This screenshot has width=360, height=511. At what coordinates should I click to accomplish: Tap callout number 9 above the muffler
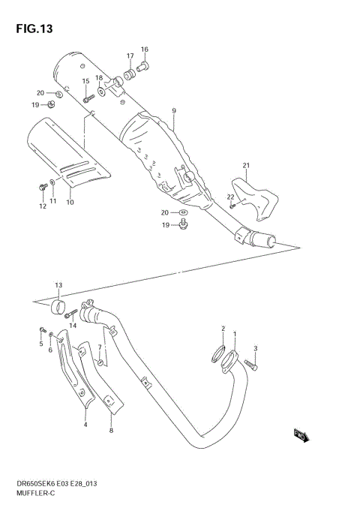[x=173, y=112]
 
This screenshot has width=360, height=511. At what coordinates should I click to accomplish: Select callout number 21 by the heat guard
[x=244, y=165]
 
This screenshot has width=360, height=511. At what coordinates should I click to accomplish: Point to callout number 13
[x=58, y=285]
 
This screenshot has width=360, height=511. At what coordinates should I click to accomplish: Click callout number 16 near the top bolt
[x=145, y=50]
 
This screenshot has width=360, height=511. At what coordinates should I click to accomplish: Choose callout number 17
[x=130, y=56]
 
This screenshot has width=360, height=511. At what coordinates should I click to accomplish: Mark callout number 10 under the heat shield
[x=70, y=202]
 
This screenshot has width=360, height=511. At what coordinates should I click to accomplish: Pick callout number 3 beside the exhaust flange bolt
[x=255, y=348]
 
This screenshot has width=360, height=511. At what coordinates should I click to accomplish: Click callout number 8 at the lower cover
[x=111, y=430]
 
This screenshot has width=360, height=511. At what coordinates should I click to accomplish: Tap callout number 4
[x=85, y=425]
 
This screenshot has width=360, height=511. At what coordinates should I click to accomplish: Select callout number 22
[x=230, y=197]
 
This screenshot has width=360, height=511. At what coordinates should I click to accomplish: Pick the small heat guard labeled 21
[x=254, y=195]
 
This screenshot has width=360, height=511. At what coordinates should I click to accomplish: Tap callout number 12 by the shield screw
[x=42, y=206]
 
